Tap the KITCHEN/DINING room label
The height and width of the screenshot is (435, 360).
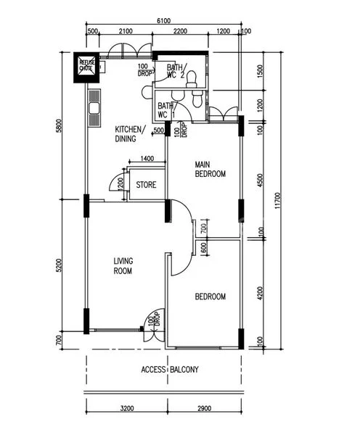pyautogui.click(x=130, y=134)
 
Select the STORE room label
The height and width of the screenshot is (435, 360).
pyautogui.click(x=146, y=185)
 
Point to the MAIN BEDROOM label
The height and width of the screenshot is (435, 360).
pyautogui.click(x=210, y=169)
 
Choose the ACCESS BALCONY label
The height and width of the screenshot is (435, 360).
pyautogui.click(x=169, y=370)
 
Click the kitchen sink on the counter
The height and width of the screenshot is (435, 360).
pyautogui.click(x=93, y=112)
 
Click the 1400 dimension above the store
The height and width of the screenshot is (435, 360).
pyautogui.click(x=147, y=158)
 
